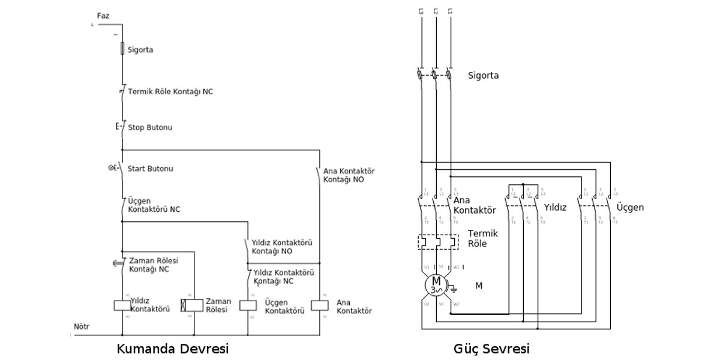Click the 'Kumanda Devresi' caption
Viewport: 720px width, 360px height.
(173, 349)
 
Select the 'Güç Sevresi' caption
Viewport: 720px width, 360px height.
(492, 349)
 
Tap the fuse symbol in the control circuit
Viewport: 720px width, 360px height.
(122, 49)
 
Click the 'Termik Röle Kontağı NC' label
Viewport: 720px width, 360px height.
(170, 92)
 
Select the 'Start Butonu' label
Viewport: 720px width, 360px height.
(151, 169)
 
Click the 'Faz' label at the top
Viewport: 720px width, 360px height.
(103, 15)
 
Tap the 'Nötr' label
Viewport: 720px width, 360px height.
(81, 327)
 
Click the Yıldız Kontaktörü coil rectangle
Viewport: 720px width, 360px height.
(122, 305)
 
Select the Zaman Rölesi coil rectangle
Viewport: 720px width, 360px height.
(193, 305)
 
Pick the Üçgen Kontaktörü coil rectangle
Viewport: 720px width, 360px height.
(248, 305)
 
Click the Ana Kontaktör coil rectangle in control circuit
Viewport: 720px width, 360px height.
(319, 305)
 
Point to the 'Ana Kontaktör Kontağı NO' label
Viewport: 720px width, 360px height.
(348, 175)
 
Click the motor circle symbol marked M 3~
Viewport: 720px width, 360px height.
(436, 285)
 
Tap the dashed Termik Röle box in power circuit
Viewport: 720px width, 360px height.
(437, 242)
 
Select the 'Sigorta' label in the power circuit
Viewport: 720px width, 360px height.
(483, 76)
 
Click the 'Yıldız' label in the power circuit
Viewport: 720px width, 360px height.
(555, 207)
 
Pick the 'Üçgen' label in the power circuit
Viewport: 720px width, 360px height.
(630, 208)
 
